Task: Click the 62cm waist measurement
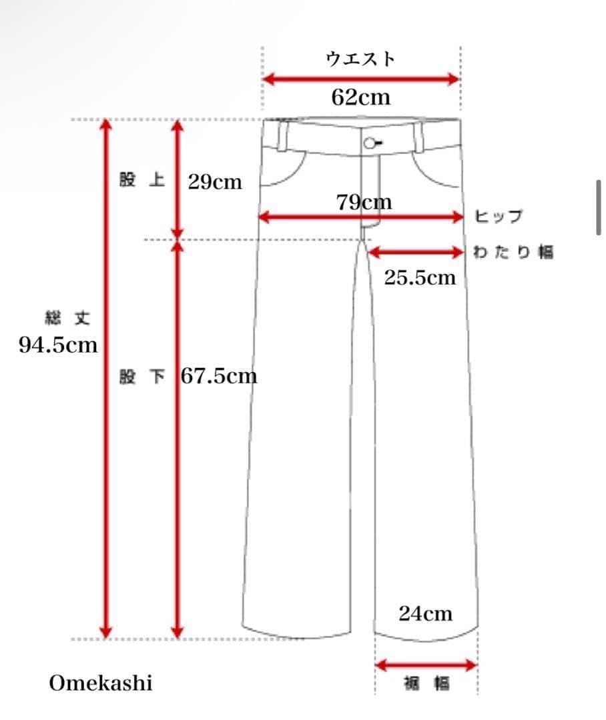pos(361,97)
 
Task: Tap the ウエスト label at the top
pos(360,59)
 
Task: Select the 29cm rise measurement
pos(215,182)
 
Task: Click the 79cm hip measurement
pos(364,203)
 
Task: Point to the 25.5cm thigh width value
pos(420,277)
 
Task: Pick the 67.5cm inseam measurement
pos(219,376)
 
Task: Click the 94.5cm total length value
pos(58,345)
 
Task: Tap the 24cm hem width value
pos(426,613)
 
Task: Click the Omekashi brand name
pos(101,683)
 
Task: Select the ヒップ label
pos(499,216)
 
